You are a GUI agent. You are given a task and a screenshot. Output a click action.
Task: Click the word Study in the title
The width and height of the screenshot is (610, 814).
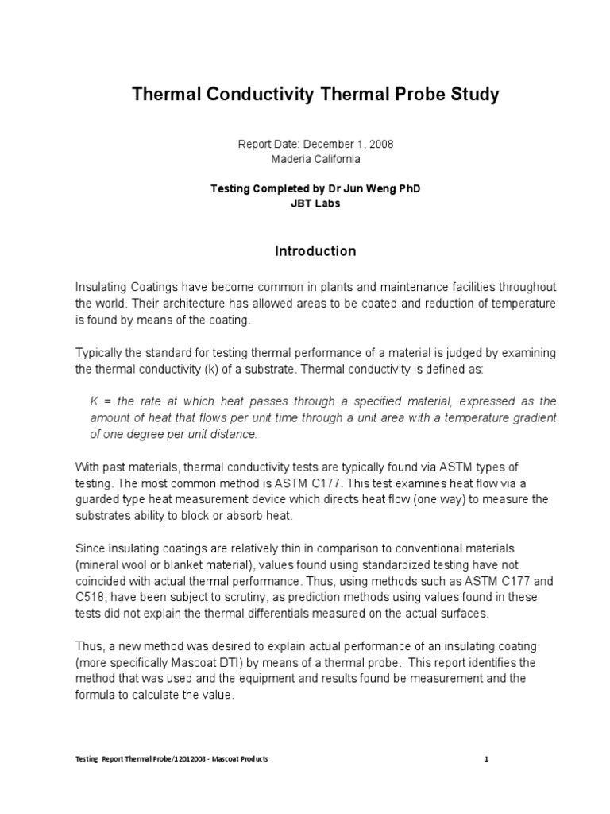click(472, 95)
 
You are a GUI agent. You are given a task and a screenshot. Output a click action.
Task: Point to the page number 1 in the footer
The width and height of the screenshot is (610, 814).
click(485, 759)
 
